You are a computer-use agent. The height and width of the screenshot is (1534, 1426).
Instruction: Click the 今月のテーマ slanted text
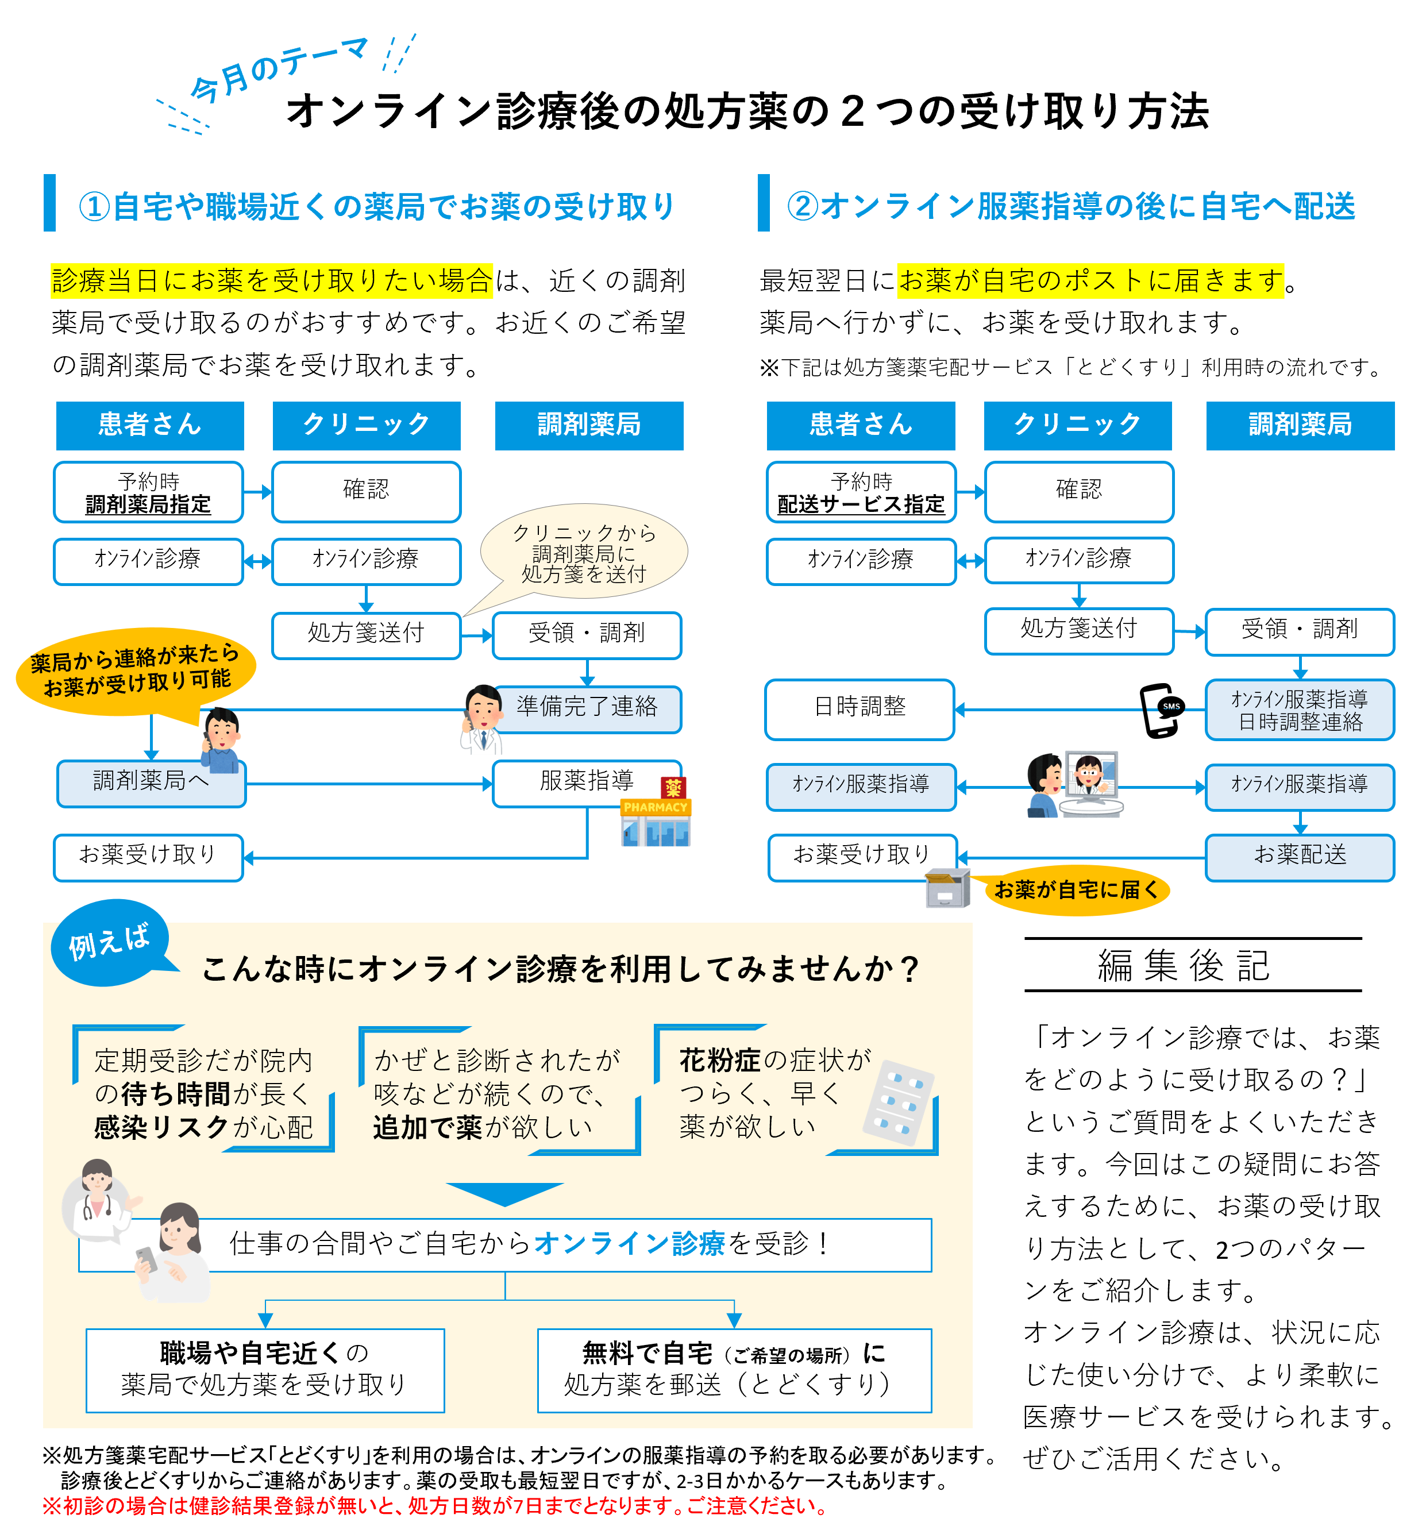(278, 70)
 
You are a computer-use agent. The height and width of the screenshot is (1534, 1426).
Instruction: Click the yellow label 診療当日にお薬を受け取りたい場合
(272, 281)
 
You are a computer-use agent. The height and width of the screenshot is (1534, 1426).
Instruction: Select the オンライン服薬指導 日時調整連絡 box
(1300, 711)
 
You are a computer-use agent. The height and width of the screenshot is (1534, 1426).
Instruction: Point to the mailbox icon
(947, 888)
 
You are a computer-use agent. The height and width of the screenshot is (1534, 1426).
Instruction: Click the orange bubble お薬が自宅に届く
(1077, 891)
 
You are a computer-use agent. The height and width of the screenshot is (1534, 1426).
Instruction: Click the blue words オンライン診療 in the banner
(629, 1244)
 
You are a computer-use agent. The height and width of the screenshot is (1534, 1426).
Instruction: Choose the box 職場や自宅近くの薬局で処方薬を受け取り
(265, 1370)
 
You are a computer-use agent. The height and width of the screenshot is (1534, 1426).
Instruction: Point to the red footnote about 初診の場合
(437, 1505)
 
